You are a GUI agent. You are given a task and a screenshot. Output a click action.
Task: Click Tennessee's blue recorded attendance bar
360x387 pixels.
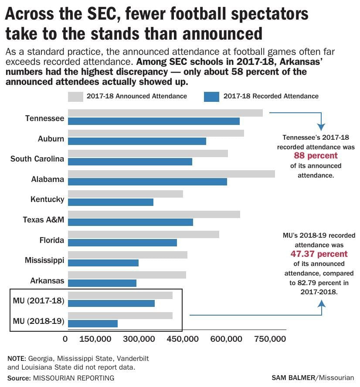pyautogui.click(x=153, y=121)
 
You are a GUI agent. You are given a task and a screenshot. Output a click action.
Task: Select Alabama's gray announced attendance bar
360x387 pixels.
pyautogui.click(x=171, y=174)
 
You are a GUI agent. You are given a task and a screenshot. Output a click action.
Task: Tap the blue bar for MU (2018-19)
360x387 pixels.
pyautogui.click(x=93, y=323)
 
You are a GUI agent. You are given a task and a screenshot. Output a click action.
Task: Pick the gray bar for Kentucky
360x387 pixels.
pyautogui.click(x=126, y=194)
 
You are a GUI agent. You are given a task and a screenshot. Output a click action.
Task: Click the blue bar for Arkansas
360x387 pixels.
pyautogui.click(x=102, y=283)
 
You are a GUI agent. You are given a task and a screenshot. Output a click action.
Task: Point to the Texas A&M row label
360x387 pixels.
pyautogui.click(x=43, y=220)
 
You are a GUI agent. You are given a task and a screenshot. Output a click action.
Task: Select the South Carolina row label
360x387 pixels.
pyautogui.click(x=37, y=159)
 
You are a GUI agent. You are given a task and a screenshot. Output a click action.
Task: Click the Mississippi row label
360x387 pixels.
pyautogui.click(x=44, y=260)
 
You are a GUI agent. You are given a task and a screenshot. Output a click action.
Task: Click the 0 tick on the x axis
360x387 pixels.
pyautogui.click(x=65, y=339)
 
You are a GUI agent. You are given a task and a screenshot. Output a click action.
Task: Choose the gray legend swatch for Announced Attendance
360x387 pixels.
pyautogui.click(x=75, y=96)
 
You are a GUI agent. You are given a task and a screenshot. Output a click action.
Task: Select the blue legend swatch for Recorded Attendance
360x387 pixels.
pyautogui.click(x=211, y=96)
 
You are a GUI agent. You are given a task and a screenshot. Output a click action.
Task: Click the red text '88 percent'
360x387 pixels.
pyautogui.click(x=316, y=156)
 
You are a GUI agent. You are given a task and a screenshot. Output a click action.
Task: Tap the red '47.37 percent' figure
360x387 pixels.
pyautogui.click(x=319, y=254)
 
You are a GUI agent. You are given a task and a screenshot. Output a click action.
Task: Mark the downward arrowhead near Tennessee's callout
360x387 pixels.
pyautogui.click(x=321, y=127)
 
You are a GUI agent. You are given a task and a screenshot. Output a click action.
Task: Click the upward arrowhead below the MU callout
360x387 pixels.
pyautogui.click(x=322, y=300)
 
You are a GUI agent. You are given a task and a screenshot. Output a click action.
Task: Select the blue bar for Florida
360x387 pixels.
pyautogui.click(x=122, y=242)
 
